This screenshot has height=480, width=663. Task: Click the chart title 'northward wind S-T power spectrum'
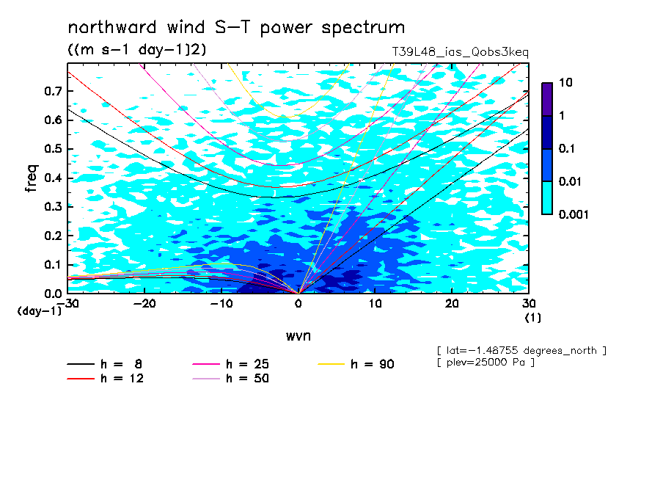(x=236, y=27)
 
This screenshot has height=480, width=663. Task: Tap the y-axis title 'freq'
(x=32, y=178)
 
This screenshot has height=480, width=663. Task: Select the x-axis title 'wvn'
(x=298, y=336)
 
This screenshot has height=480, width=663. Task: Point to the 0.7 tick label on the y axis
(x=53, y=91)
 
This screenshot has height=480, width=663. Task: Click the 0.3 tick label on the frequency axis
(x=53, y=206)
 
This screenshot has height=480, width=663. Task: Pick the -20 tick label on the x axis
(x=144, y=304)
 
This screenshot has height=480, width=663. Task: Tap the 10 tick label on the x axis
(x=375, y=304)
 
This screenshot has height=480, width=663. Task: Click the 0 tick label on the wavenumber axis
(x=298, y=304)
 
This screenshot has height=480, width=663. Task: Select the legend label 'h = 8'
(x=121, y=364)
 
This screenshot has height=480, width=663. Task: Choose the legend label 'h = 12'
(x=122, y=379)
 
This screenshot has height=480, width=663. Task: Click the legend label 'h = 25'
(x=247, y=364)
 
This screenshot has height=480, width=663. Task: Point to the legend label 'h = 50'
(x=247, y=379)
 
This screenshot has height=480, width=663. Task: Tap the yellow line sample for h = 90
(x=331, y=364)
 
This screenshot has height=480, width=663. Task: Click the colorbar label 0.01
(x=571, y=181)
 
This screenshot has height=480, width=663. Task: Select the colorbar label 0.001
(x=574, y=214)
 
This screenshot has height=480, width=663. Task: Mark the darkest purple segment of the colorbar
(x=547, y=99)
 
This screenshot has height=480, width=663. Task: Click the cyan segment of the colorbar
(x=547, y=197)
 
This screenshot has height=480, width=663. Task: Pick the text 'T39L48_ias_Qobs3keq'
(x=460, y=52)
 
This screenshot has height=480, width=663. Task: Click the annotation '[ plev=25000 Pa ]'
(x=486, y=363)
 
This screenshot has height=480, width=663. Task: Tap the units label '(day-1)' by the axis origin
(x=39, y=311)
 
